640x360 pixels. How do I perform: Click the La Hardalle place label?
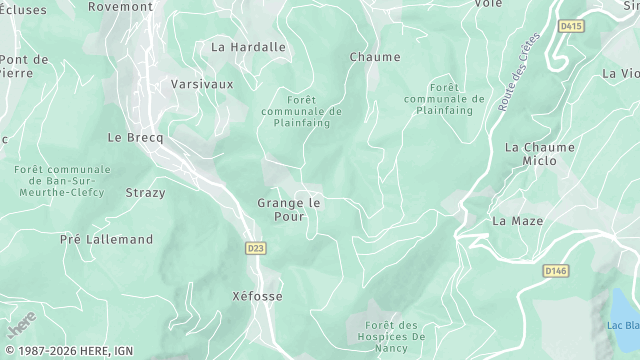pyautogui.click(x=248, y=47)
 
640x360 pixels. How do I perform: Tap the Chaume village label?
pyautogui.click(x=375, y=57)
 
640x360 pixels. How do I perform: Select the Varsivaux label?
pyautogui.click(x=202, y=84)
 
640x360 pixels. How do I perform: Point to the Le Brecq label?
pyautogui.click(x=134, y=137)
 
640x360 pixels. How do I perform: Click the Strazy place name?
pyautogui.click(x=145, y=192)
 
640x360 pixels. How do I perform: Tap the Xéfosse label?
pyautogui.click(x=257, y=297)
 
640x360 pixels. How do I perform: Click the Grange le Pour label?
pyautogui.click(x=289, y=209)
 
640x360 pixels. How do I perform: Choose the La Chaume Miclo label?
pyautogui.click(x=540, y=153)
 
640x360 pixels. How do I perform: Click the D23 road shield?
pyautogui.click(x=254, y=247)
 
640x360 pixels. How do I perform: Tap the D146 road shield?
pyautogui.click(x=555, y=270)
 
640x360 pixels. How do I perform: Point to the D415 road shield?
pyautogui.click(x=571, y=26)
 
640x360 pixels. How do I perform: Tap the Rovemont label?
pyautogui.click(x=120, y=6)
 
